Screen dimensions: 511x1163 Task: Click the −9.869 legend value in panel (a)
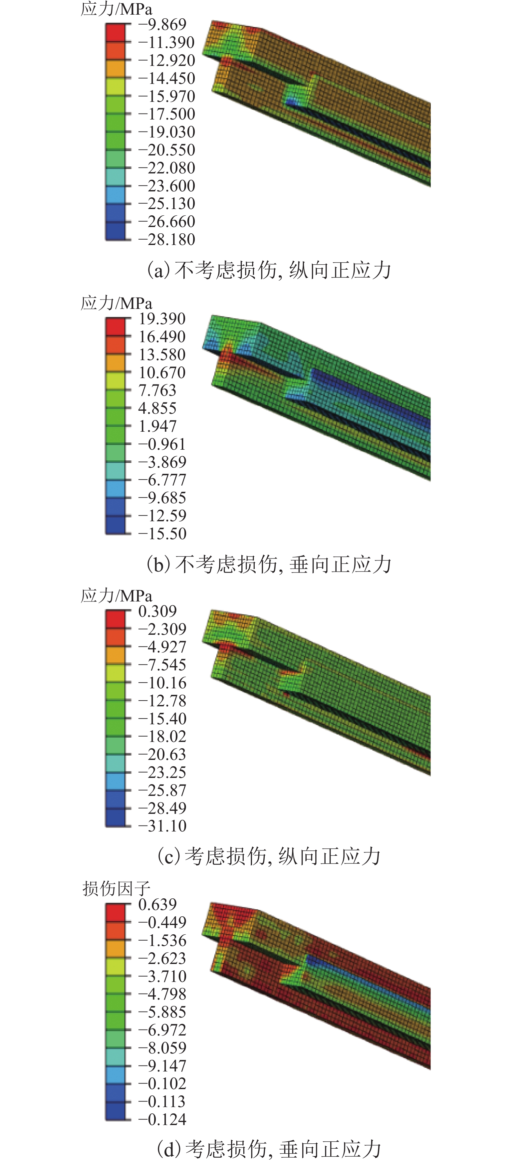tap(162, 24)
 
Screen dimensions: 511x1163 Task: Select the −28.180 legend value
tap(166, 239)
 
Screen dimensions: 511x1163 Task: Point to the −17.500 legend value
tap(166, 114)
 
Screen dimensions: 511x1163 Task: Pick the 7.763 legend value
tap(157, 390)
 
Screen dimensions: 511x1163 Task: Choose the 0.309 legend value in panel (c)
tap(157, 611)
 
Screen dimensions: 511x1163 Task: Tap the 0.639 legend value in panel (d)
tap(157, 904)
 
